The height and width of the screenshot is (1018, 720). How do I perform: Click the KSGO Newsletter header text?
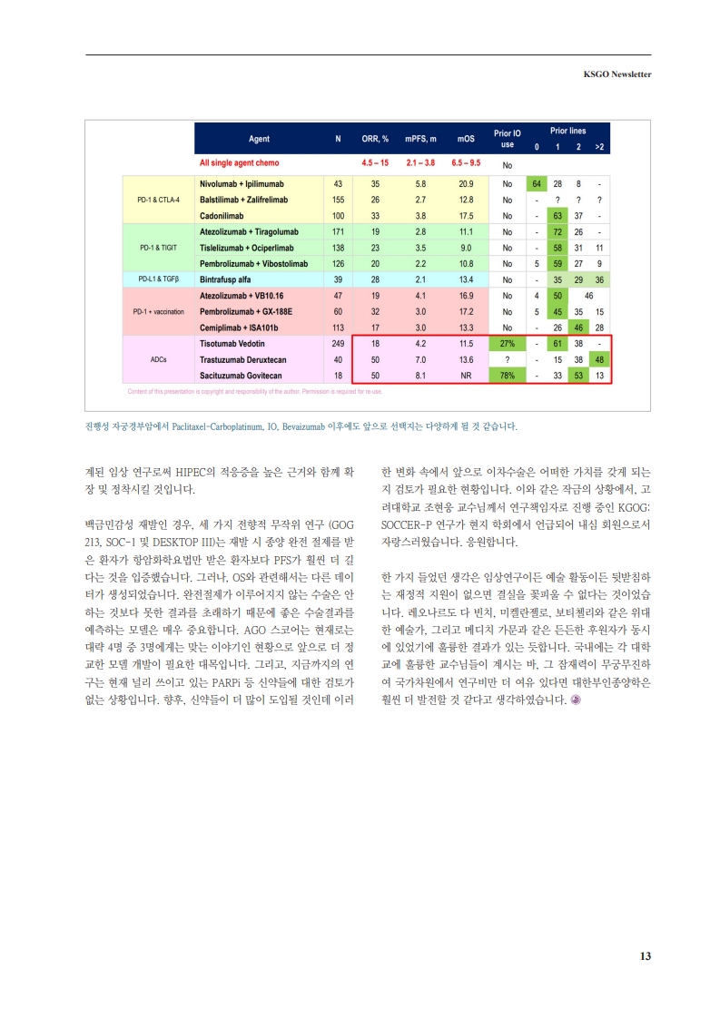point(616,74)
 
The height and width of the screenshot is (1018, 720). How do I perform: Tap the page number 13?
point(646,955)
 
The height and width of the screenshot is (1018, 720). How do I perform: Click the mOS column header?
point(466,139)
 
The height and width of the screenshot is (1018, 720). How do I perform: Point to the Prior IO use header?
point(508,139)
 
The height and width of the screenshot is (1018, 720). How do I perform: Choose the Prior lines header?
point(567,132)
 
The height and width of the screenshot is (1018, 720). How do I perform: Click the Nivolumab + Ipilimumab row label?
point(238,183)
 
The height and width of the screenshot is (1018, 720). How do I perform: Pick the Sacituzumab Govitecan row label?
point(241,375)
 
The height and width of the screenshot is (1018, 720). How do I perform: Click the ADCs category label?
point(158,359)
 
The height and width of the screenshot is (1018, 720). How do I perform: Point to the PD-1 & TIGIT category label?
point(158,247)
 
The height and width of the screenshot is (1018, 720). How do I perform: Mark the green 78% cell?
point(508,375)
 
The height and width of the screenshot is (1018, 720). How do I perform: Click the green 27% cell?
point(508,344)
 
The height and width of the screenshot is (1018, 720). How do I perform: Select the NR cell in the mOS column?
point(466,375)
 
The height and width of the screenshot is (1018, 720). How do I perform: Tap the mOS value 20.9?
point(466,183)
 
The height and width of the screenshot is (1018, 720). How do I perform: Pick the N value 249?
point(338,344)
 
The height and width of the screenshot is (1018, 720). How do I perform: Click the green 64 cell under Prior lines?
point(537,183)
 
